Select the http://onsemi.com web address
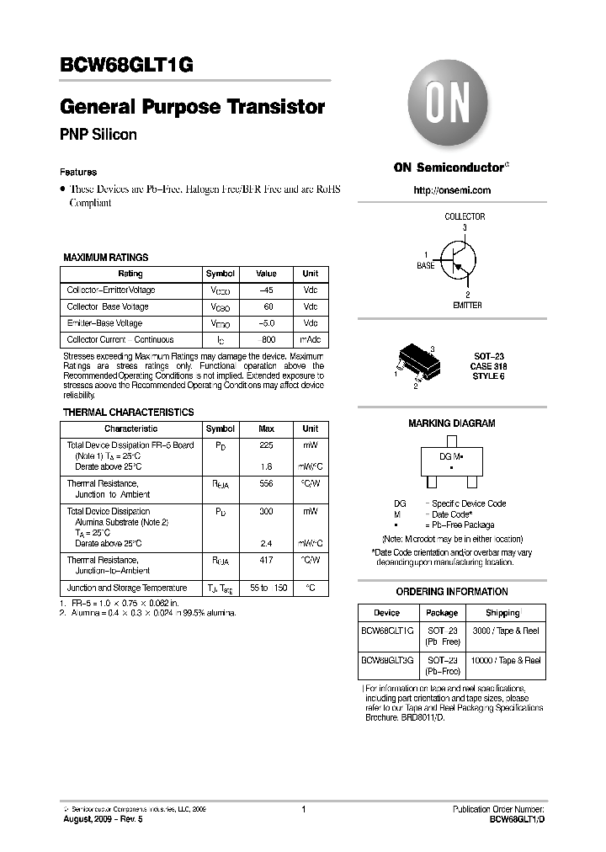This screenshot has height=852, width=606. (452, 190)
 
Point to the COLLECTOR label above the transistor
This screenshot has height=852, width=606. (465, 216)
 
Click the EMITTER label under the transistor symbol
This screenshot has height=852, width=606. (467, 305)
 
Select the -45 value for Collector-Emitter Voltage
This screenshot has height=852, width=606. (266, 290)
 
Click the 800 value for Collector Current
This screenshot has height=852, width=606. (267, 339)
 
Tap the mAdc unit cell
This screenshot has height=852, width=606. (310, 339)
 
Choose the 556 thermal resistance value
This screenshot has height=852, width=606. (266, 484)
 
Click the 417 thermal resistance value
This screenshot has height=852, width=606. (266, 560)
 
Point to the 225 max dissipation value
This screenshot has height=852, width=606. (266, 445)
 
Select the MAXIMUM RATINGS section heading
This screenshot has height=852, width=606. (106, 258)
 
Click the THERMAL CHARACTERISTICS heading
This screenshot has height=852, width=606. (129, 413)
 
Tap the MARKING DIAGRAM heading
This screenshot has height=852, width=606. (452, 423)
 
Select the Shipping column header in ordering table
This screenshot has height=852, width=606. (503, 613)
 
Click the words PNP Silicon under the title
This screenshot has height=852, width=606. (98, 134)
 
